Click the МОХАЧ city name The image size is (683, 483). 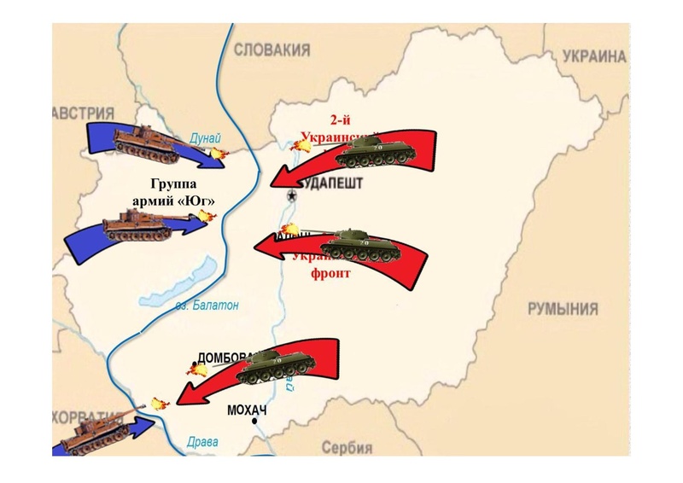pyautogui.click(x=248, y=410)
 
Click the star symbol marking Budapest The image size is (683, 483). pyautogui.click(x=292, y=196)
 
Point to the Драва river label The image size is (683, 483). pyautogui.click(x=202, y=442)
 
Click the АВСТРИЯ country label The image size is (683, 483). pyautogui.click(x=83, y=114)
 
